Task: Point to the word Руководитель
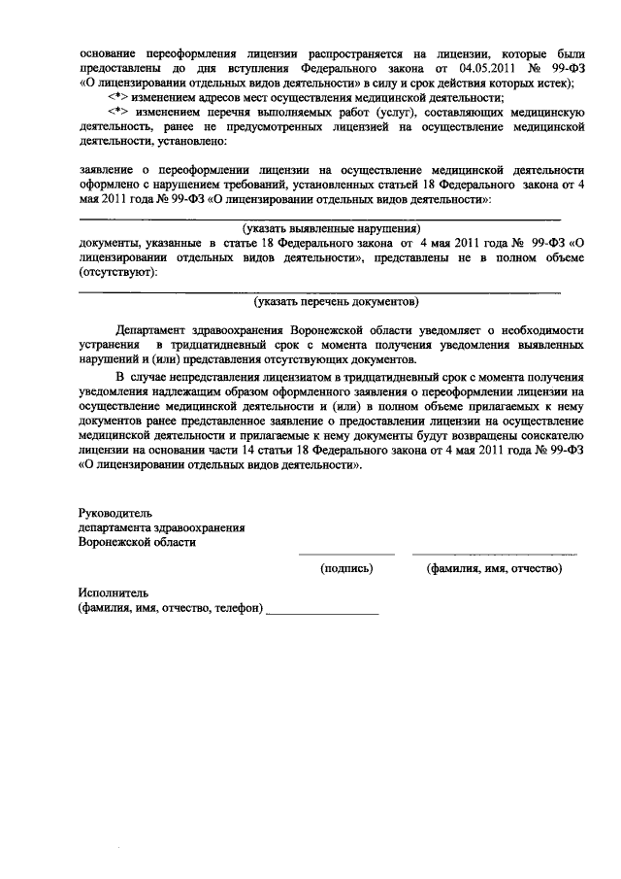click(114, 512)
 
